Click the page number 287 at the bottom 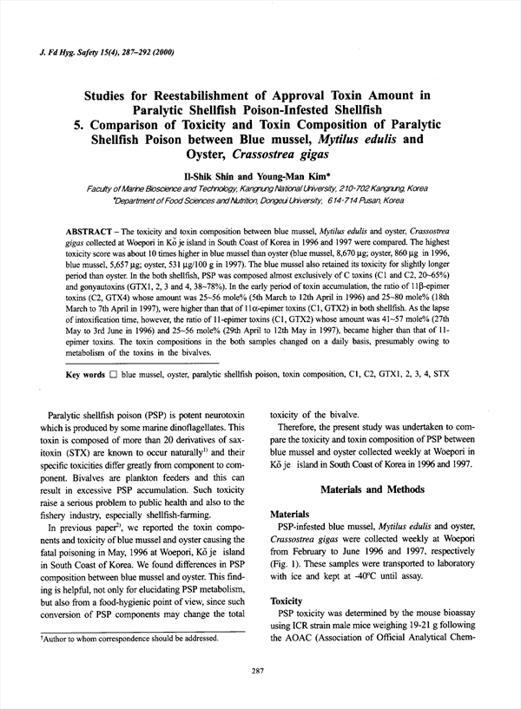tap(257, 671)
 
